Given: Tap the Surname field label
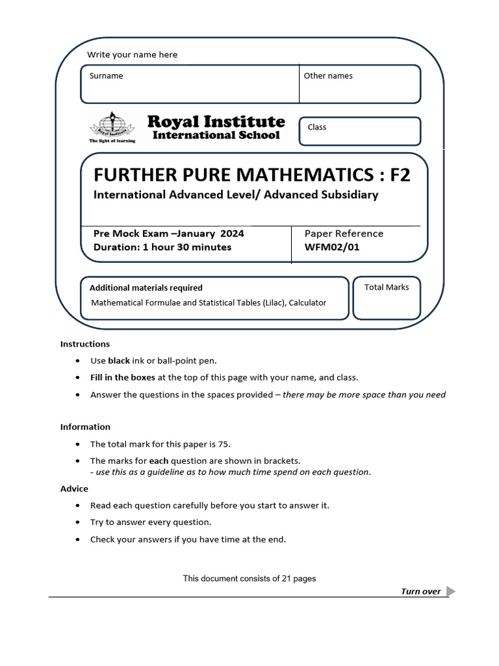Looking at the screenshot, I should click(107, 76).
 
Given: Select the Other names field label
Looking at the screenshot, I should click(328, 76).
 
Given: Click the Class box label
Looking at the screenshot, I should click(317, 127).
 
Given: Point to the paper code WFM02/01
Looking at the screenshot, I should click(331, 247).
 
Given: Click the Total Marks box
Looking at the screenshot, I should click(387, 299).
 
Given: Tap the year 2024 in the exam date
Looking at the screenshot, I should click(232, 233).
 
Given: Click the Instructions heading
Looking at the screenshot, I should click(85, 344).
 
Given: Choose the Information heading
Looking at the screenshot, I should click(85, 427).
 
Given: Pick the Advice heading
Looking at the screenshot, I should click(74, 488).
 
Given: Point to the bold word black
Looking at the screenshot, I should click(119, 360).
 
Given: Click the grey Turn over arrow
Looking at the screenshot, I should click(452, 591).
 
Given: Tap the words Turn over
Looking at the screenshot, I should click(421, 591).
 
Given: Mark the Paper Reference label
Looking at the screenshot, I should click(344, 233).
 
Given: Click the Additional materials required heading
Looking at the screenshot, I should click(146, 287).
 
